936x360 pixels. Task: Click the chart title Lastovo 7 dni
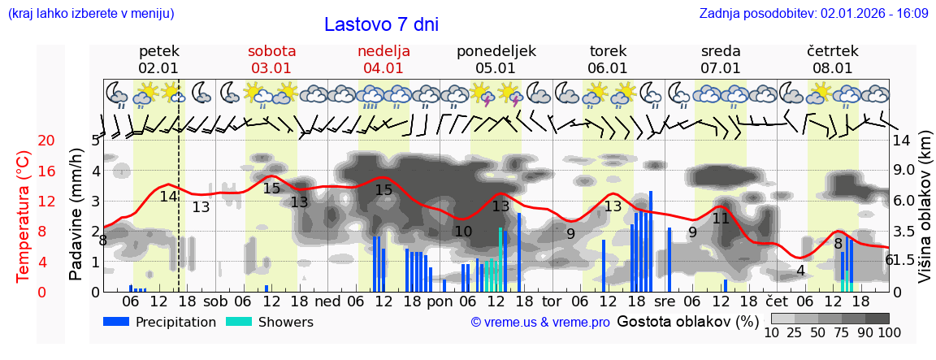[381, 24]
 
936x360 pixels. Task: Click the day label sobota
[271, 51]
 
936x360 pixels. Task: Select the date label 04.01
[383, 68]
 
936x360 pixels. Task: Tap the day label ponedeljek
[496, 51]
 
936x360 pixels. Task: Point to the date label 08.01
[832, 68]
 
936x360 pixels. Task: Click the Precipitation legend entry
[159, 322]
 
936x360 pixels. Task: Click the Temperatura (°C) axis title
[24, 215]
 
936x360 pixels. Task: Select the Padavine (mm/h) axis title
[76, 214]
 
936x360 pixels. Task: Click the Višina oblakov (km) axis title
[925, 216]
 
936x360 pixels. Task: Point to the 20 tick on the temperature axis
[24, 141]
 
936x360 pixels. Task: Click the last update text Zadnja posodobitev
[813, 14]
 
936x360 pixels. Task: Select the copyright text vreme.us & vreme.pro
[540, 322]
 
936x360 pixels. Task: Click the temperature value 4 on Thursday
[800, 271]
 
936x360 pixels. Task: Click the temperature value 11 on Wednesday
[721, 218]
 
